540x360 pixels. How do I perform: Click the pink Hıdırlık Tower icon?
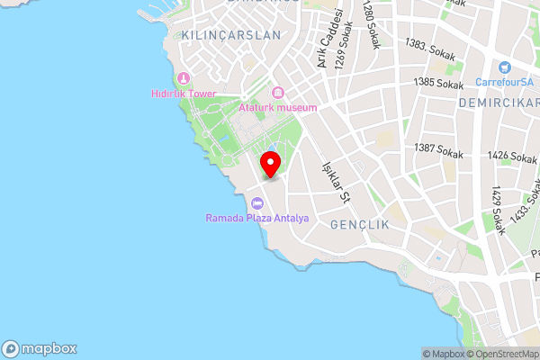click(x=184, y=78)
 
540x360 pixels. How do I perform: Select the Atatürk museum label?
click(x=278, y=108)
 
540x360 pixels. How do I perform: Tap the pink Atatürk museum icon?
click(x=277, y=93)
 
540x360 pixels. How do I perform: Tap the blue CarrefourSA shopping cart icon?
click(x=503, y=67)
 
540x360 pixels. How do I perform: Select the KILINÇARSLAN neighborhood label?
click(x=230, y=35)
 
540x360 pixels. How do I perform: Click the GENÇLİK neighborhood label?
click(x=360, y=224)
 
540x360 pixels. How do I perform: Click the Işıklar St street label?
click(x=334, y=181)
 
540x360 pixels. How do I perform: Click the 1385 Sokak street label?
click(x=438, y=83)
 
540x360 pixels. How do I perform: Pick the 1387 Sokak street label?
click(x=438, y=149)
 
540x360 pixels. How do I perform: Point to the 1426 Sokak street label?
click(x=511, y=157)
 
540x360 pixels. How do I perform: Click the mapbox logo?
click(x=40, y=348)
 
